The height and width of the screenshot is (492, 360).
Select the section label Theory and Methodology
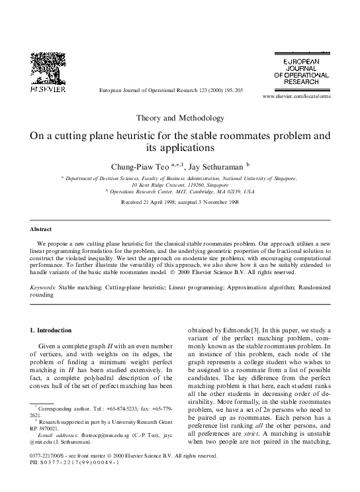(x=180, y=118)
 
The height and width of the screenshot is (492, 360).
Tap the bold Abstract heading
(x=40, y=228)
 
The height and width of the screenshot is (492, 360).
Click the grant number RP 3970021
(x=49, y=428)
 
